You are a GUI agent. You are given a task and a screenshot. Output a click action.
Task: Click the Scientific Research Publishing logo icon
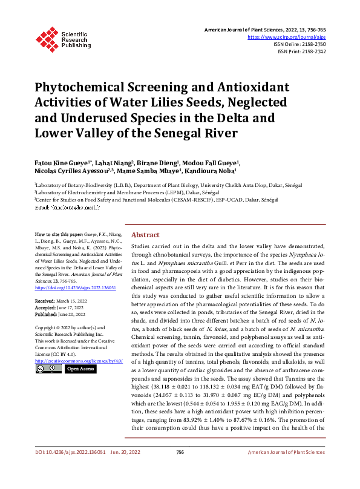[x=46, y=39]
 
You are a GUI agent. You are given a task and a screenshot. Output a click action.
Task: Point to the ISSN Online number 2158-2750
[x=312, y=44]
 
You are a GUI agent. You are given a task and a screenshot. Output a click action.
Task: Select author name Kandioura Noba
[x=217, y=171]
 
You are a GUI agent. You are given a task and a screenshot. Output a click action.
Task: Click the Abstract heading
[x=145, y=235]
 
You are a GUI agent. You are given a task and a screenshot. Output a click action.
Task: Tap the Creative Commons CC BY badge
[x=48, y=369]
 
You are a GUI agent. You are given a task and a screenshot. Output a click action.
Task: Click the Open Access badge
[x=80, y=369]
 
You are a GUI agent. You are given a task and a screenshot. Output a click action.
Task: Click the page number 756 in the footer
[x=180, y=469]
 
